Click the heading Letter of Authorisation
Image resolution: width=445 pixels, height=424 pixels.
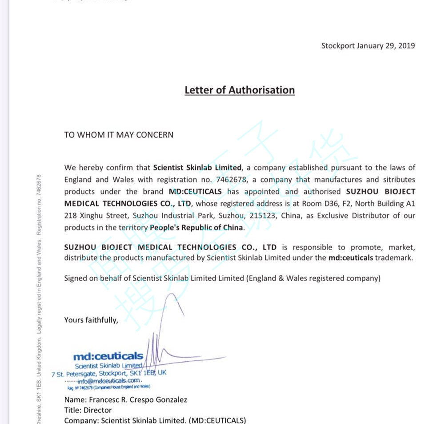click(240, 90)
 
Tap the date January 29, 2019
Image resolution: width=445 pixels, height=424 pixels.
click(386, 46)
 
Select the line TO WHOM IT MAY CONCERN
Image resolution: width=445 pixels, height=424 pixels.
click(119, 135)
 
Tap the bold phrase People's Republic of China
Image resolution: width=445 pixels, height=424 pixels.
click(197, 227)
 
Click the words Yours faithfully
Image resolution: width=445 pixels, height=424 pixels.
click(91, 320)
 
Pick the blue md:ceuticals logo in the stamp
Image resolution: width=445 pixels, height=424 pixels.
click(108, 356)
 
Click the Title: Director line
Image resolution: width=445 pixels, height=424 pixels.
click(88, 410)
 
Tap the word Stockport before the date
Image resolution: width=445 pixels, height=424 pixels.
click(338, 46)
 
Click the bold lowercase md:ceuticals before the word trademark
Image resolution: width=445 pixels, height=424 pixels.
click(351, 258)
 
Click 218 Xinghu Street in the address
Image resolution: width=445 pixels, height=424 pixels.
click(92, 216)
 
